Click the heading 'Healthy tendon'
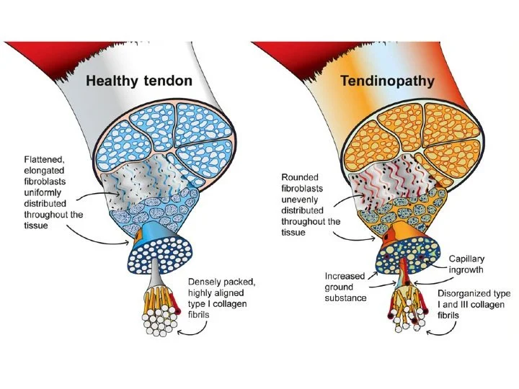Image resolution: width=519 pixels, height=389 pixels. tap(139, 81)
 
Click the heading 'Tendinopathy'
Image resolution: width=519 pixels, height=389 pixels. tap(387, 81)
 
